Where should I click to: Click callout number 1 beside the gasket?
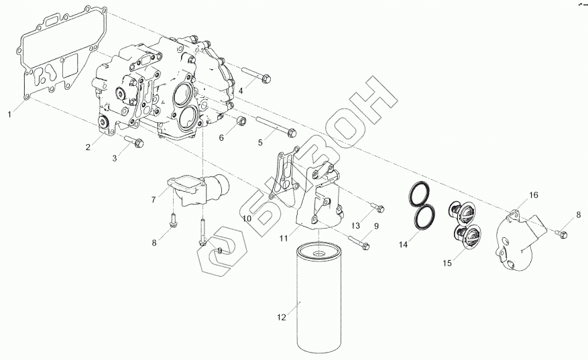[9, 115]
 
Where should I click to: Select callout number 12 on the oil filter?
[282, 316]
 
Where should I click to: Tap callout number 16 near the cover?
[534, 195]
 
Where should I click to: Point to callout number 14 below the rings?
[404, 245]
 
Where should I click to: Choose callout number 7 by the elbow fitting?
[154, 200]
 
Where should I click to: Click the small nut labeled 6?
[243, 123]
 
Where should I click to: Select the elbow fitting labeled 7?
[198, 188]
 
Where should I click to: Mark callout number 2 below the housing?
[88, 147]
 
